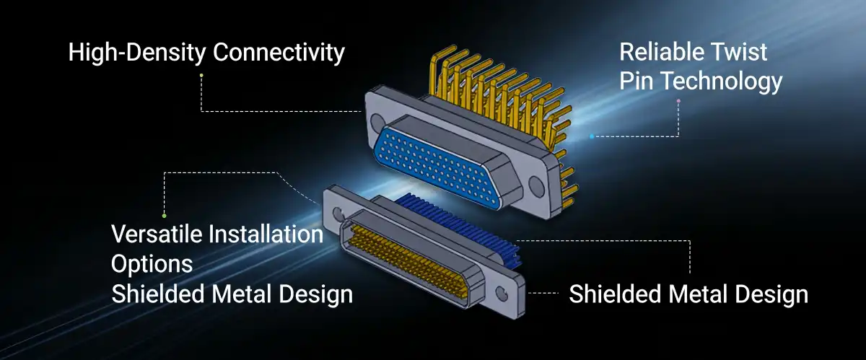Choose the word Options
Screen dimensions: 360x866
(x=152, y=263)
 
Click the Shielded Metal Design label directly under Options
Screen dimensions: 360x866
(x=232, y=294)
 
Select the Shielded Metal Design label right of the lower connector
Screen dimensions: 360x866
(x=688, y=294)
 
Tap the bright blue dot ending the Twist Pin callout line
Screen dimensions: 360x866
(x=592, y=136)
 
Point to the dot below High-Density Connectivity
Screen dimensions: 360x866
(x=201, y=75)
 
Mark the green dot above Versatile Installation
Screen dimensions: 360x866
(x=165, y=215)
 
